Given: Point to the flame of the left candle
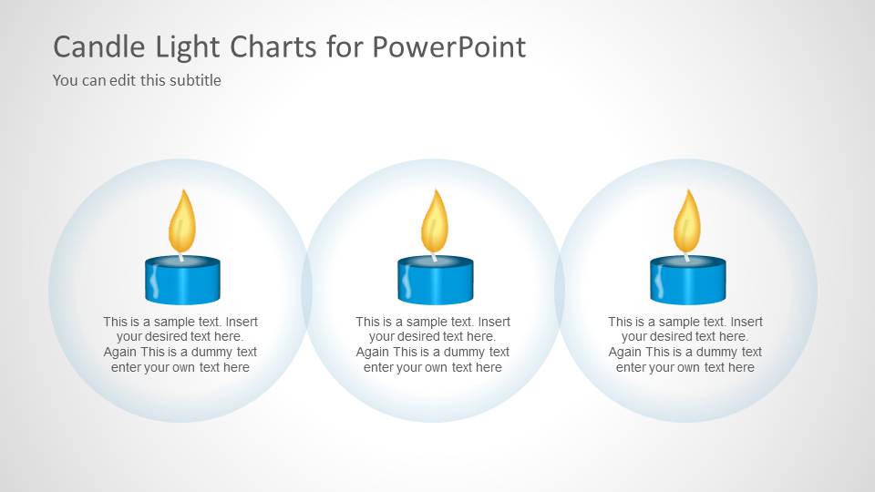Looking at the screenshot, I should coord(182,224).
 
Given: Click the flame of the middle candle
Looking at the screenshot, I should coord(435,224).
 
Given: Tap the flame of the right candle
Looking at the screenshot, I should coord(687,224).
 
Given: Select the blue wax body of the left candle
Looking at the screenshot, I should coord(182,284).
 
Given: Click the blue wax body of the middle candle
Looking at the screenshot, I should coord(435,284).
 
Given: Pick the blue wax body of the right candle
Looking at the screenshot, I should coord(687,284).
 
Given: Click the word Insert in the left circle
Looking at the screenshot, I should coord(242,322).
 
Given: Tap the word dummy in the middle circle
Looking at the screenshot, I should coord(459,352).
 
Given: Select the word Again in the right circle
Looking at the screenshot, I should coord(625,352).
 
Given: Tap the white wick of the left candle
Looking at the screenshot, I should coord(181,257).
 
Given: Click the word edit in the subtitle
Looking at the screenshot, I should coord(122,80).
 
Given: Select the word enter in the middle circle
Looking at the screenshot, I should coord(379,367).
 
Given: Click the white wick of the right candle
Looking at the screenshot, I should coord(686,257).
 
